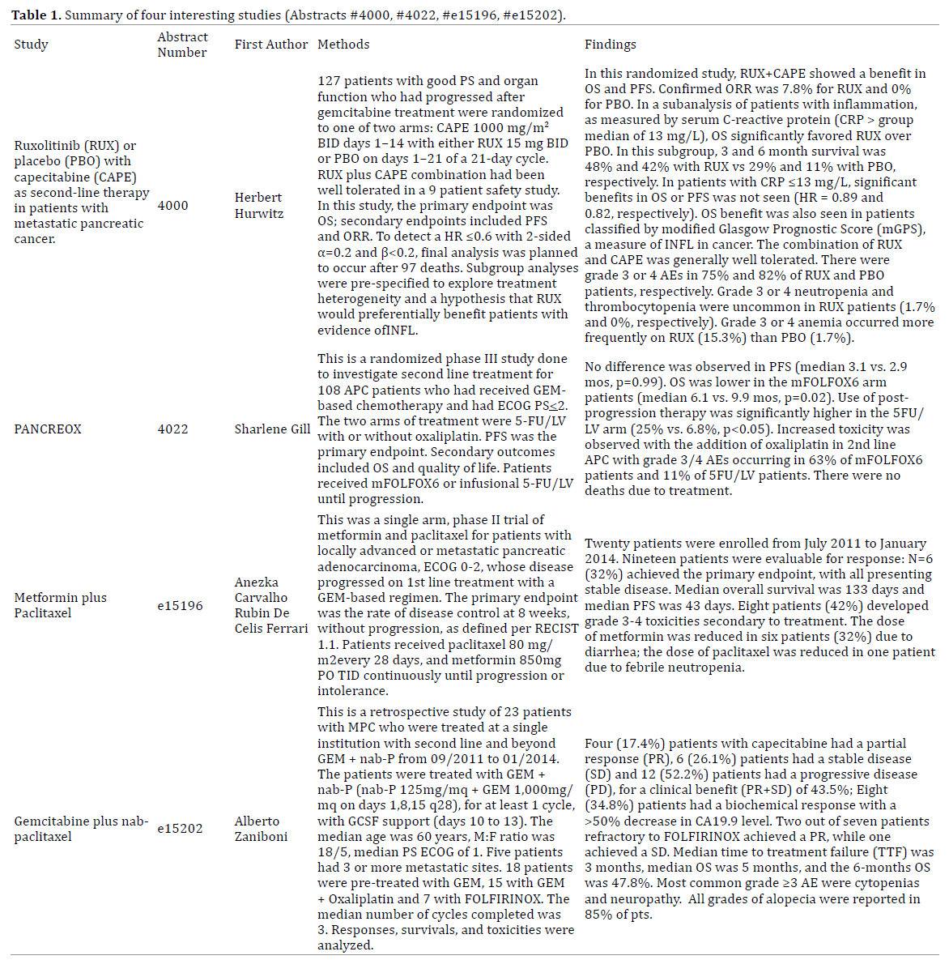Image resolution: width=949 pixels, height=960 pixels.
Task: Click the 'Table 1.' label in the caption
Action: click(36, 15)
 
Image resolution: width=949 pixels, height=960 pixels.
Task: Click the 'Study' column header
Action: click(31, 45)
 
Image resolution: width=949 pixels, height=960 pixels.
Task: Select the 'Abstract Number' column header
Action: click(182, 45)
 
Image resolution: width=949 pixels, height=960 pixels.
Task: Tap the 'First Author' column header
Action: click(271, 45)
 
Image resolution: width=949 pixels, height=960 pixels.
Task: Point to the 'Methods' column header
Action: click(343, 45)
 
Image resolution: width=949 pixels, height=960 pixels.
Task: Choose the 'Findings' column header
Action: click(611, 45)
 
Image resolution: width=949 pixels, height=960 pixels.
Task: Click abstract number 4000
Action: click(172, 206)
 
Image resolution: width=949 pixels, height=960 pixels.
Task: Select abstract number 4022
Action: click(172, 429)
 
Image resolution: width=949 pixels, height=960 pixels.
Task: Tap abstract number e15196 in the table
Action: click(180, 605)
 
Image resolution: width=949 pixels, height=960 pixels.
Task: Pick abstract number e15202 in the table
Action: click(180, 829)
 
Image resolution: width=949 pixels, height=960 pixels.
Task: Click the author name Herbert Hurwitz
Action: click(259, 206)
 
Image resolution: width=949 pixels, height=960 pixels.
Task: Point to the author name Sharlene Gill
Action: click(272, 429)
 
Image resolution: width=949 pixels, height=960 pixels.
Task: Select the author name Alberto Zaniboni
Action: click(261, 829)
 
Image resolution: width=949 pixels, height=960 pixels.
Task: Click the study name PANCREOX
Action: click(48, 429)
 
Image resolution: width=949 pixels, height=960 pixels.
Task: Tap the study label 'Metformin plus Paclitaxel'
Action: click(60, 605)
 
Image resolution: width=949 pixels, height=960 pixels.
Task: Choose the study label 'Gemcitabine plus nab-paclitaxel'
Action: click(81, 829)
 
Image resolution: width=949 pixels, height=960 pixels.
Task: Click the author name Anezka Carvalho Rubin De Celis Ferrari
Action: click(271, 605)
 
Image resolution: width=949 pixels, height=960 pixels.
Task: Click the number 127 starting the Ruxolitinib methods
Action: click(329, 81)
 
